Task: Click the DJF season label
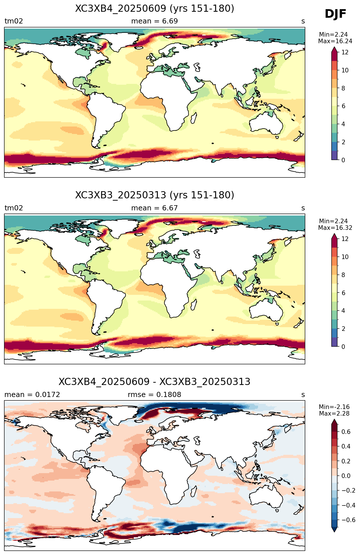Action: [x=335, y=14]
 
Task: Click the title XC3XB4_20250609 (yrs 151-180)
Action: [x=155, y=9]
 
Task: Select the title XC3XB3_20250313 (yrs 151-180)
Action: [x=155, y=195]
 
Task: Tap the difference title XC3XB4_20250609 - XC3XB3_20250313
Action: [x=155, y=382]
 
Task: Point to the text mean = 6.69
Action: [x=155, y=21]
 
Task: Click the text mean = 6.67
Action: [x=155, y=208]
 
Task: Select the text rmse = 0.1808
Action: [x=155, y=395]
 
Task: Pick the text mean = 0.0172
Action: [x=32, y=395]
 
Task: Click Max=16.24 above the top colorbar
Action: [x=335, y=41]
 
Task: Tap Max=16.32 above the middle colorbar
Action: [x=335, y=228]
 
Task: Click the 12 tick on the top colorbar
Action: [x=345, y=52]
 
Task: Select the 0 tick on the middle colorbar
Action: [x=343, y=347]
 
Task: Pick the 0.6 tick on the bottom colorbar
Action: [x=346, y=432]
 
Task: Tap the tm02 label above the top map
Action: [x=14, y=21]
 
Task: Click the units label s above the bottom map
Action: [x=303, y=395]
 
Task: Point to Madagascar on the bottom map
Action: [x=193, y=490]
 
